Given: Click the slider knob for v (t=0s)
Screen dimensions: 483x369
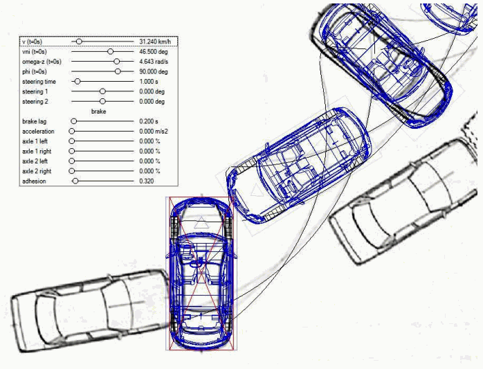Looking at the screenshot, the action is pos(79,42).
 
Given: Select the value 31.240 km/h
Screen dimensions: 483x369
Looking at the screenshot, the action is pos(155,42).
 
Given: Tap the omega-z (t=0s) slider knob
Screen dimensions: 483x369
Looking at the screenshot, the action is pos(116,62).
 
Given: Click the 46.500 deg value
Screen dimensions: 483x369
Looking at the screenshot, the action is pos(154,51).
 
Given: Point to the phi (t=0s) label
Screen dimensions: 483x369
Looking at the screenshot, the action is pos(35,71).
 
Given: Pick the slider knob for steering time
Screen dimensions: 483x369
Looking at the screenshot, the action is pos(78,82).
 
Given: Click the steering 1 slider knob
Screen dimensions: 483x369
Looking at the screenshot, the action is pos(102,91).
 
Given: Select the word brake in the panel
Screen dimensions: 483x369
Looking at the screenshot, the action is pos(98,111).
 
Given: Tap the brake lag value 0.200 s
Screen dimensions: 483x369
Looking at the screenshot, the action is pos(149,121).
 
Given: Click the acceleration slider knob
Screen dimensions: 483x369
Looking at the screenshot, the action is pos(72,132).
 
